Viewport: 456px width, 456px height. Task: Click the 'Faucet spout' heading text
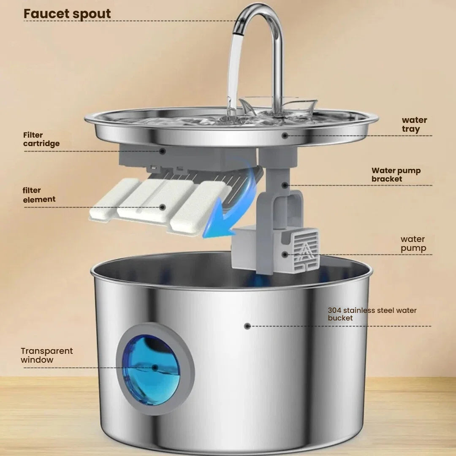click(67, 14)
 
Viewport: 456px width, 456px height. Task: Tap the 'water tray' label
click(414, 125)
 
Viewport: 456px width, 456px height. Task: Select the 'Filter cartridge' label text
click(41, 139)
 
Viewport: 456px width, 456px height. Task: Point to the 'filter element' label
click(39, 195)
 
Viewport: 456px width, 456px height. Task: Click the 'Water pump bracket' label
click(396, 175)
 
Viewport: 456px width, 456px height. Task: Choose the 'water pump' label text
click(413, 244)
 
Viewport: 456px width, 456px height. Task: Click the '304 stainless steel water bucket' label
click(372, 314)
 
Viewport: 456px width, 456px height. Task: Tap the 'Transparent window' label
click(46, 355)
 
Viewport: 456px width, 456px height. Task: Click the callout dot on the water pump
click(286, 254)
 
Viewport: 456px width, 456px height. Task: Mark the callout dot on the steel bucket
click(247, 326)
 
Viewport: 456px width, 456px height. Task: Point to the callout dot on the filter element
click(163, 207)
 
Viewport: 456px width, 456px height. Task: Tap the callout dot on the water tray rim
click(285, 136)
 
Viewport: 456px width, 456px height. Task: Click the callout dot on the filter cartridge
click(162, 150)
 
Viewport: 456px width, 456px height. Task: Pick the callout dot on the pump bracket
click(285, 185)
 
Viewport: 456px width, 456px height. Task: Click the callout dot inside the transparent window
click(155, 368)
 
